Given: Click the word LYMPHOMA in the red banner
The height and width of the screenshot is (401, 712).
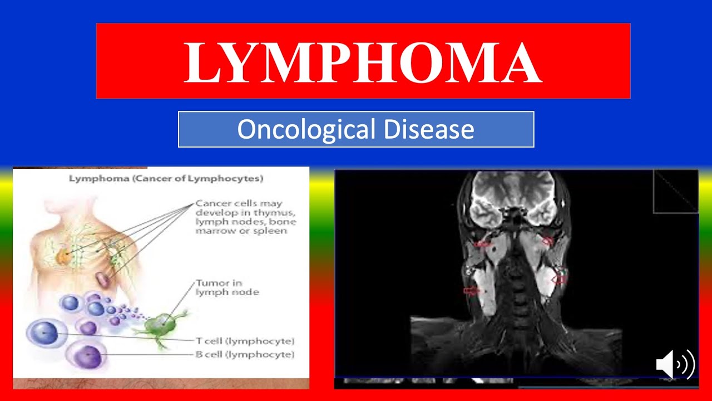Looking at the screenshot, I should point(363,62).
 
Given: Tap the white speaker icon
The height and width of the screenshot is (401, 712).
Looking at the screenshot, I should point(675,365).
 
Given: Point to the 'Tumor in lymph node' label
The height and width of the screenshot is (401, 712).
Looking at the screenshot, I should point(227,287).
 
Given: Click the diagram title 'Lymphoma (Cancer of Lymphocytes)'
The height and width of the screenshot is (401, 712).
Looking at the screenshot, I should point(166,179).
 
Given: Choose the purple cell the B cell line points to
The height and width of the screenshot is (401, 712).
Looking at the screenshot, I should point(88,355).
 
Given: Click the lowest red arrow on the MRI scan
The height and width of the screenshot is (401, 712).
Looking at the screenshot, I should point(471,290).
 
